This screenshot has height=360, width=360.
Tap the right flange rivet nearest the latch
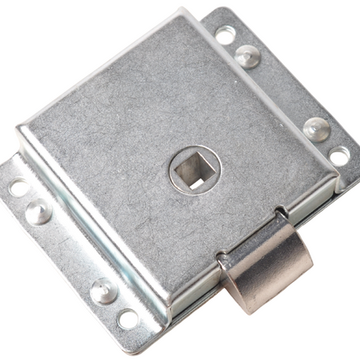tap(316, 128)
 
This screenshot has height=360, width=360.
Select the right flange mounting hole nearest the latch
tap(339, 156)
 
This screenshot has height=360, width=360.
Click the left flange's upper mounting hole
tap(18, 187)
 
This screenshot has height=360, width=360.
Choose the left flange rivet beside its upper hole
tap(38, 212)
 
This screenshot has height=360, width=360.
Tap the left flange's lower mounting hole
tap(127, 319)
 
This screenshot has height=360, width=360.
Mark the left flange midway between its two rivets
tap(70, 251)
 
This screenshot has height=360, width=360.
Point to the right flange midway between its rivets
tap(281, 92)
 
